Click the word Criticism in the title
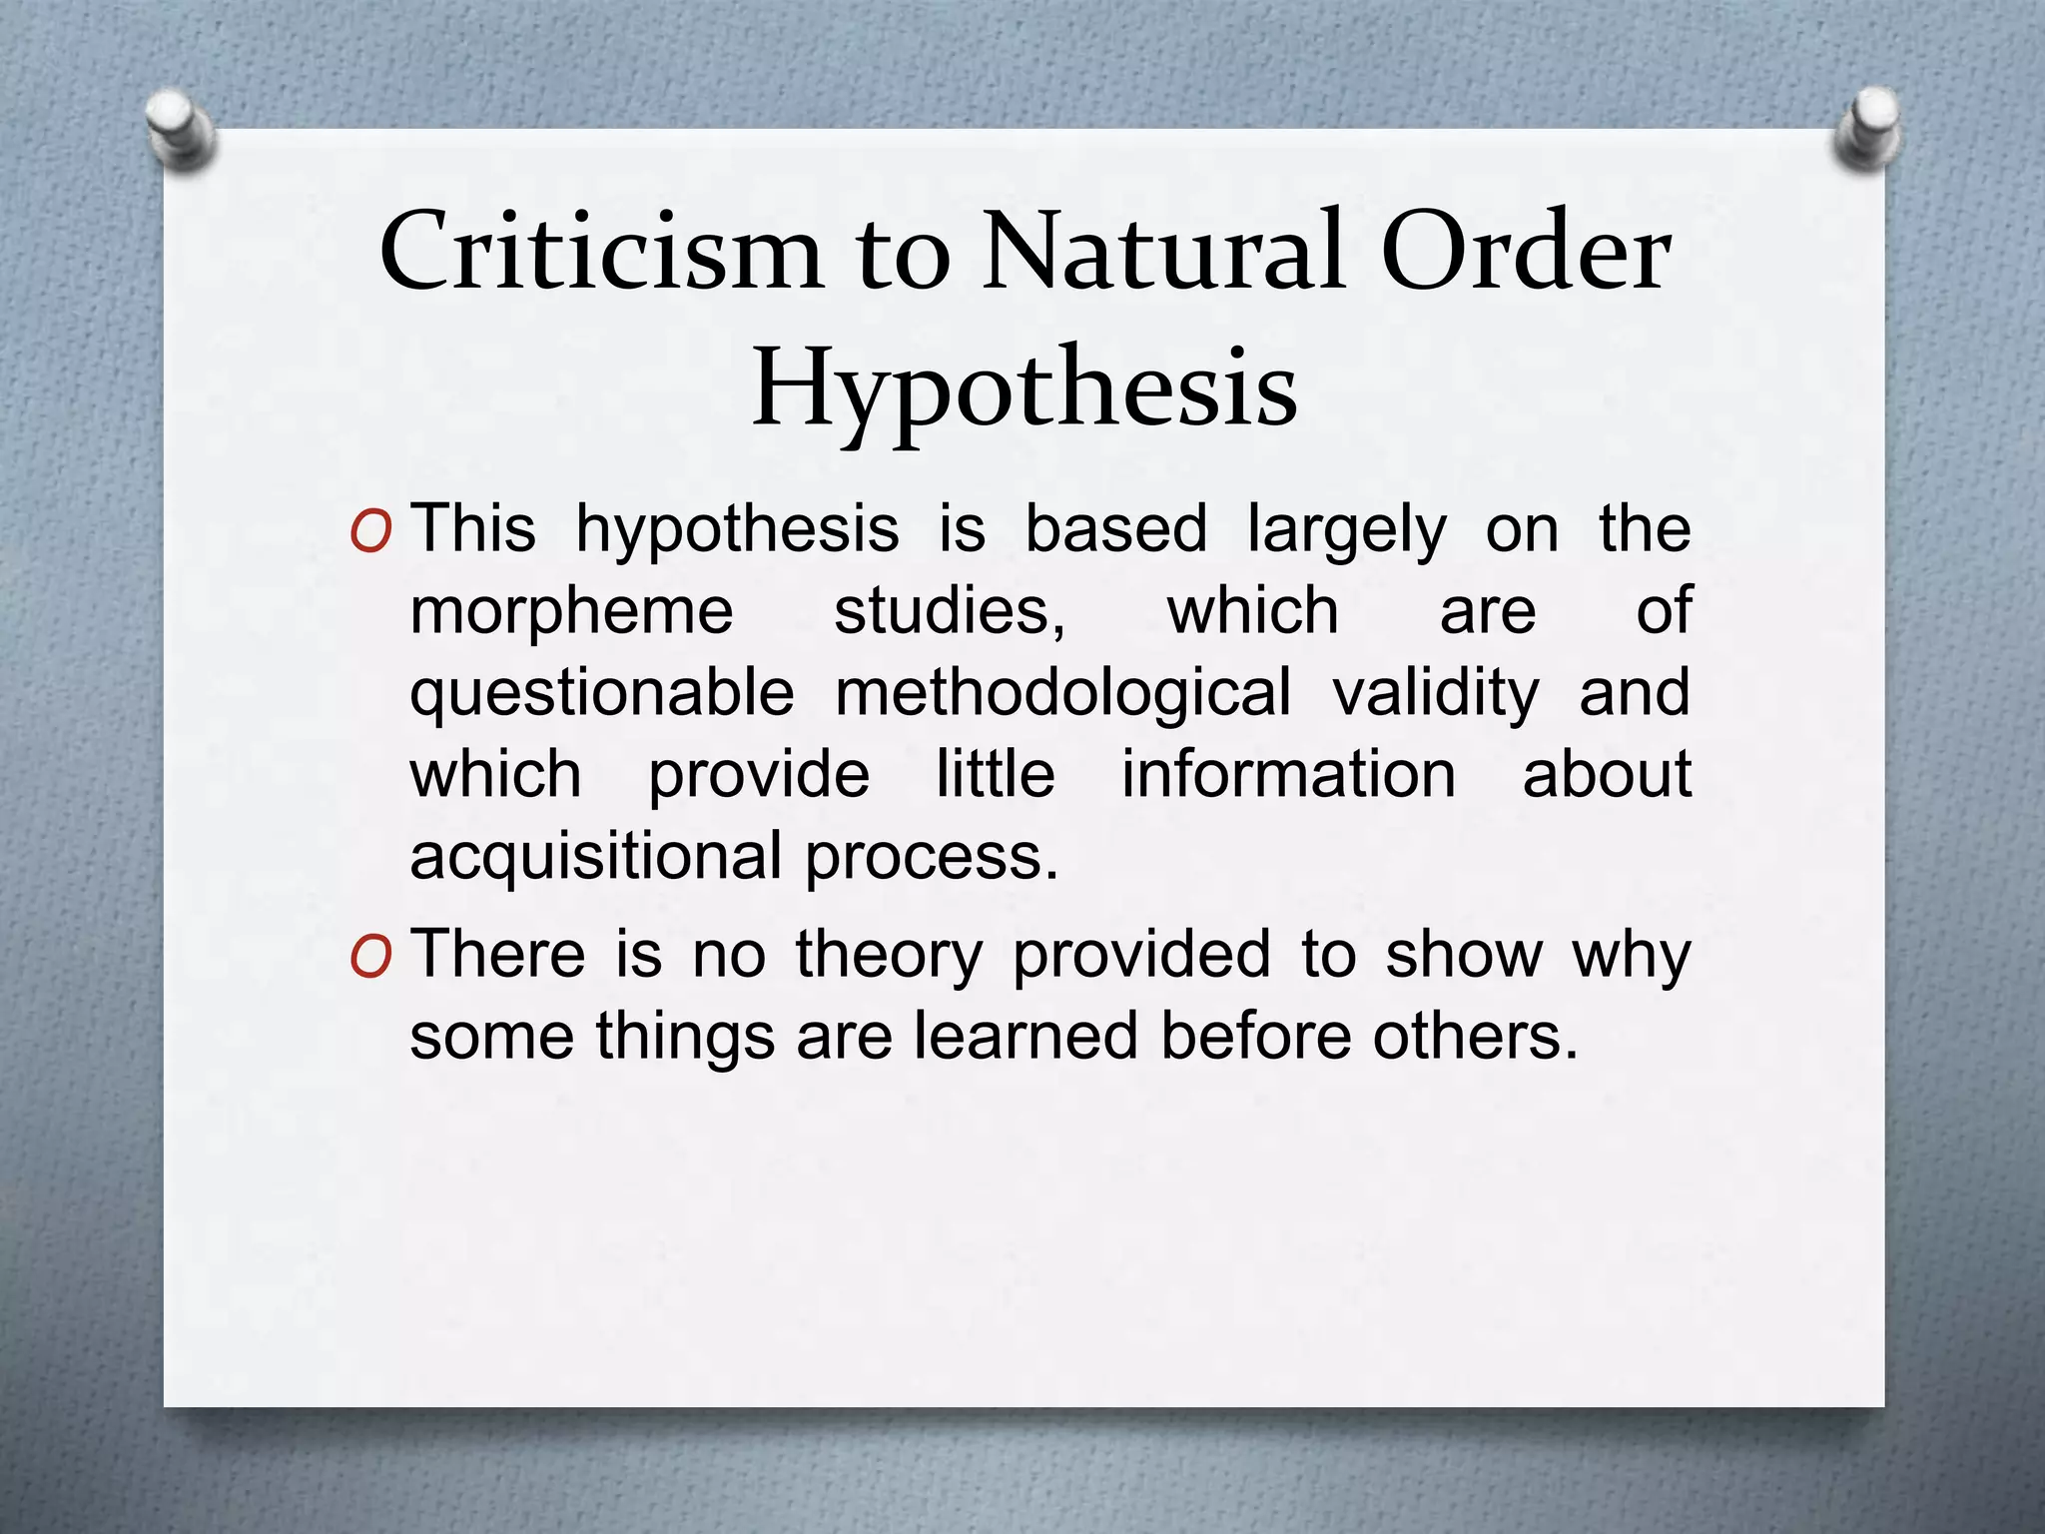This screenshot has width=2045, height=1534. click(599, 252)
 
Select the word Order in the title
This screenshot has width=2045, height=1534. click(1528, 252)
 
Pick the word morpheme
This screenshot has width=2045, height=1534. click(572, 612)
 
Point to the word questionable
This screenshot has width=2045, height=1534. click(602, 694)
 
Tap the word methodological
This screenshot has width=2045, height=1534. click(1063, 694)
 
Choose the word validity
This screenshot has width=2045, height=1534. click(1436, 694)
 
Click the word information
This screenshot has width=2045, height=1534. click(1288, 774)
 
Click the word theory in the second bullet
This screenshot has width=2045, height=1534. click(889, 956)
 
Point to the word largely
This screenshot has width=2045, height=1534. click(1346, 531)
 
